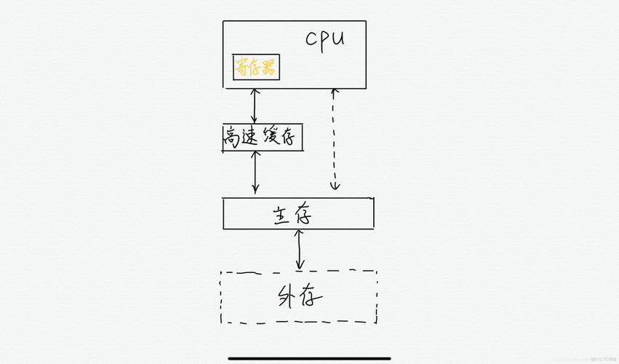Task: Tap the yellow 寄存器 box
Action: click(255, 68)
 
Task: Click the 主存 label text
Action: click(296, 215)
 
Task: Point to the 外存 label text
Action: click(300, 297)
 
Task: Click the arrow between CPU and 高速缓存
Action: click(254, 106)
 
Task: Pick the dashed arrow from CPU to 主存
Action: click(335, 138)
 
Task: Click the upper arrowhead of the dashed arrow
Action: click(334, 92)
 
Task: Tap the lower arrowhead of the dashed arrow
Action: click(335, 186)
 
